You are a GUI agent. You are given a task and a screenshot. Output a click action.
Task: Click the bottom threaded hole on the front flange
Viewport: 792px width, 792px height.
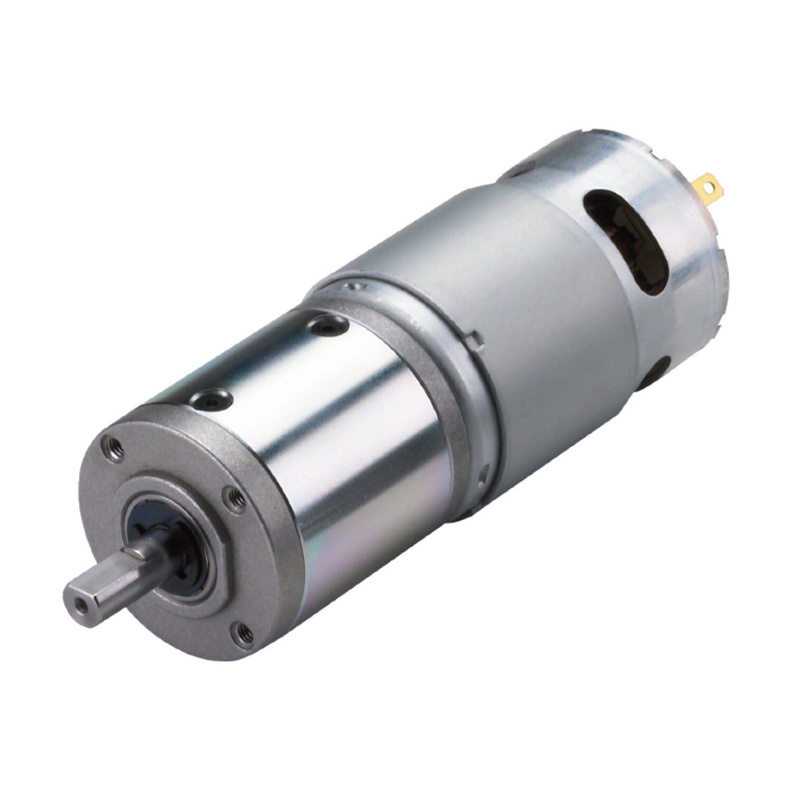click(x=243, y=631)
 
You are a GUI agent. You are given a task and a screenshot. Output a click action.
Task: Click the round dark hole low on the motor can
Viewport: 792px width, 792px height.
click(x=657, y=372)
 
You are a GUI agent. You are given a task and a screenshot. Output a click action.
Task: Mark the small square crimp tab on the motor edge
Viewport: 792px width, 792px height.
click(x=478, y=338)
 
